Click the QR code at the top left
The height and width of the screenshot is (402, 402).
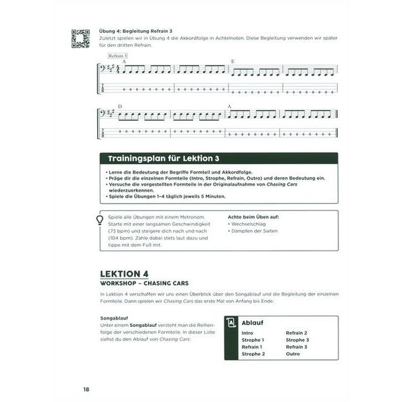[80, 39]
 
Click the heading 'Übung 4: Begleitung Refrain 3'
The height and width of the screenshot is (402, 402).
[137, 31]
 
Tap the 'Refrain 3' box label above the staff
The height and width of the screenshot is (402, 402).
[117, 56]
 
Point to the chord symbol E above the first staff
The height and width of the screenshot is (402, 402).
[232, 62]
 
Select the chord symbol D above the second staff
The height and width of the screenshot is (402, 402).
[120, 107]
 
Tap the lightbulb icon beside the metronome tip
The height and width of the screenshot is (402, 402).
[100, 219]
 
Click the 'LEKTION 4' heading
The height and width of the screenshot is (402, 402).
[124, 275]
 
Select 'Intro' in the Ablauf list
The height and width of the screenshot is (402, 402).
[247, 332]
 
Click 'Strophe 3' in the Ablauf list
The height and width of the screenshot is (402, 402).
[297, 340]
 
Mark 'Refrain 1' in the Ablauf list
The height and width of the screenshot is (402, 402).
[252, 347]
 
